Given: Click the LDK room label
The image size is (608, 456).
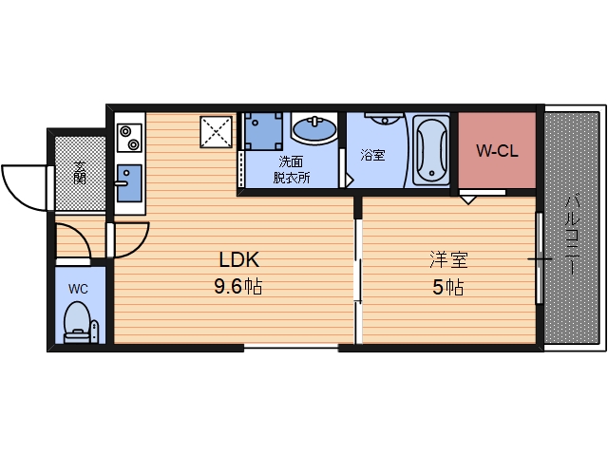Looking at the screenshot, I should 239,258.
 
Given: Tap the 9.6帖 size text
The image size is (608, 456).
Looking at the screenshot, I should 238,287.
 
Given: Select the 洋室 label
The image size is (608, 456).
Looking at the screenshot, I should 448,258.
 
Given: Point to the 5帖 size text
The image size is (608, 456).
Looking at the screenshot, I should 447,287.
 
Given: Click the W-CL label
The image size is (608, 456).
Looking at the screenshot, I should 497,151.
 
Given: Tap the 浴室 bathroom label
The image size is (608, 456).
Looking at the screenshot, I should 372,154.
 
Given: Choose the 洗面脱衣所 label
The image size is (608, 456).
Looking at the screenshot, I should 292,169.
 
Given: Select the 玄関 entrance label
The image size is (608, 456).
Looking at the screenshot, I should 81,172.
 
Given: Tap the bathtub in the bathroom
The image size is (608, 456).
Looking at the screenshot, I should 431,151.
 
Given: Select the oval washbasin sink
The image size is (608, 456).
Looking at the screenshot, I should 313,126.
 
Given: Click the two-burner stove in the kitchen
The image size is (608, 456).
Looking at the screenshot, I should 128,137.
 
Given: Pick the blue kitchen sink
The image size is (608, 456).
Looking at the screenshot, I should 127,180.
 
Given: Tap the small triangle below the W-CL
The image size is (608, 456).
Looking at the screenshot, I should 468,199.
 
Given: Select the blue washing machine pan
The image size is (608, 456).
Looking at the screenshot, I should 263,131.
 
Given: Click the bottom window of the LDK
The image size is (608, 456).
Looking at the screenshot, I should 291,347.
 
